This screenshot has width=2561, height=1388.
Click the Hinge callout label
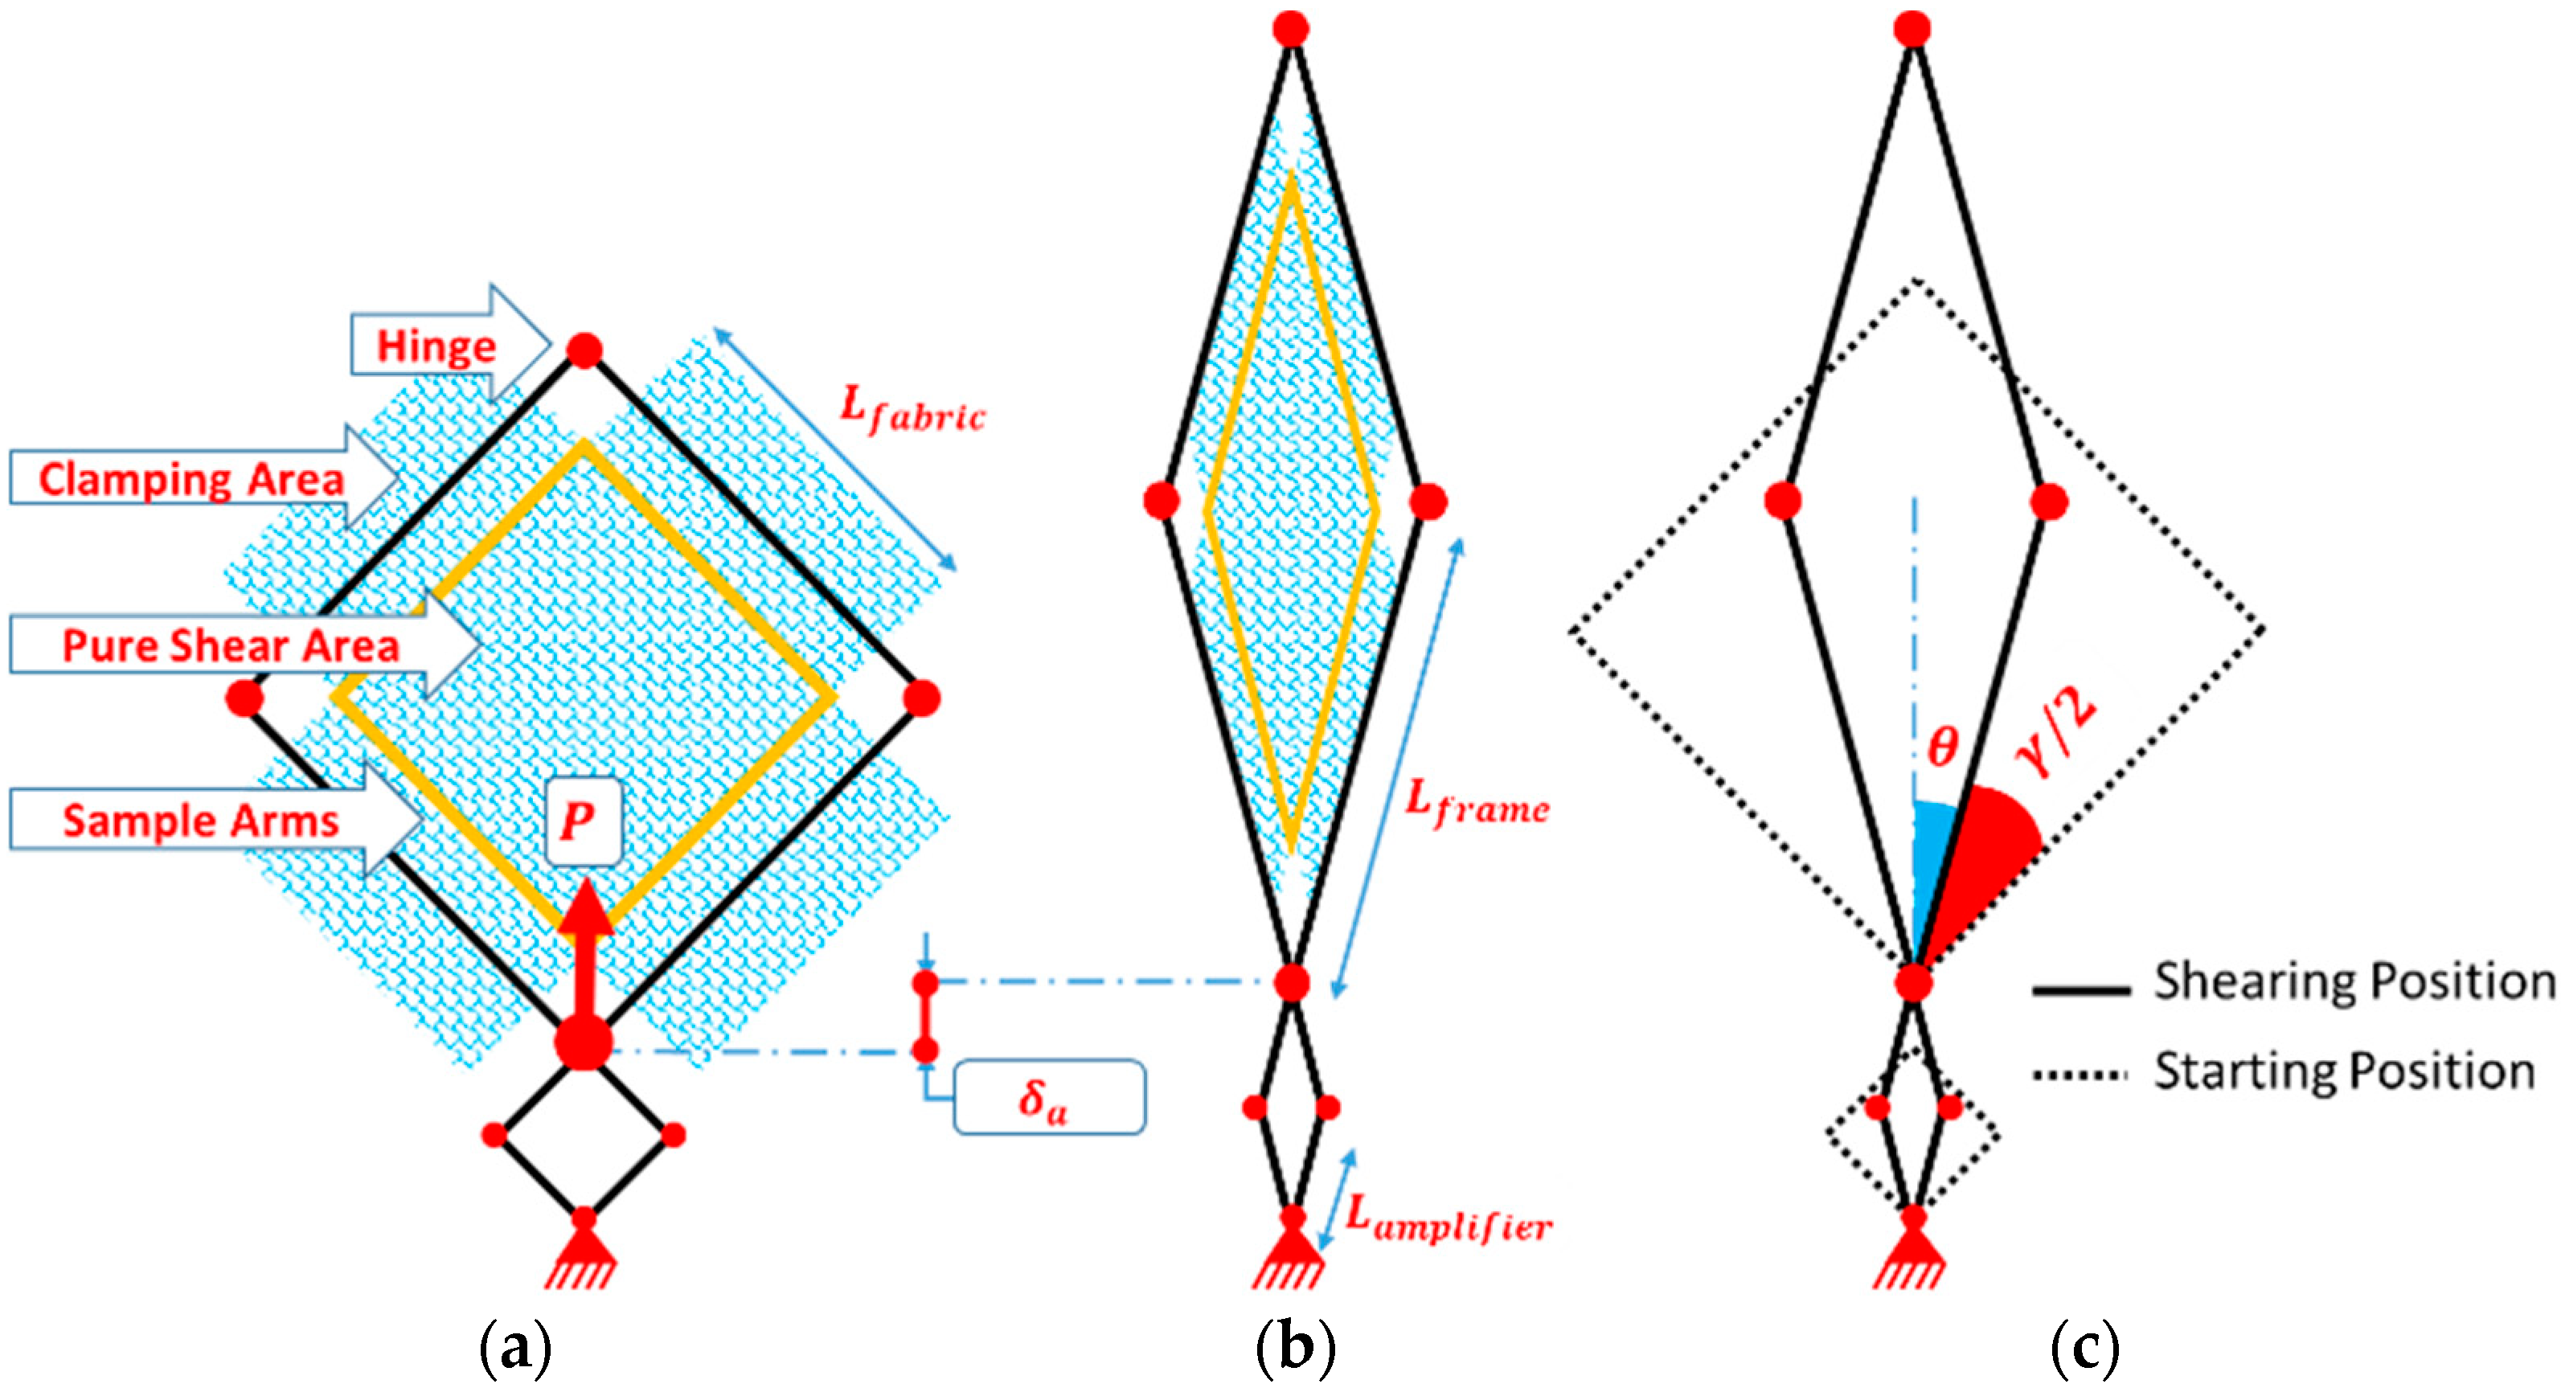coord(436,346)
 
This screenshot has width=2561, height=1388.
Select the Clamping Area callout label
coord(191,479)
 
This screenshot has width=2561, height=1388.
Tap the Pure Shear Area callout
coord(231,645)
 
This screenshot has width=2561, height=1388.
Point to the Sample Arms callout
coord(201,821)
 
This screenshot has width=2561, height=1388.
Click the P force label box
coord(583,821)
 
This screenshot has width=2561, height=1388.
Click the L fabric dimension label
coord(911,410)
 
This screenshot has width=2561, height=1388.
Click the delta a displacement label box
coord(1048,1098)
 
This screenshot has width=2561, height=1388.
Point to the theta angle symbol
coord(1941,746)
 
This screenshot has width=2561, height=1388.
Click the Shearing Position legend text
coord(2354,982)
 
